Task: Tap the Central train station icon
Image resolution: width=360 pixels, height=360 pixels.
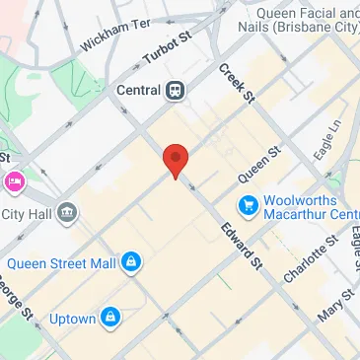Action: [x=176, y=90]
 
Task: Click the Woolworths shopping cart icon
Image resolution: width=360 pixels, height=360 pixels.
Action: [x=247, y=206]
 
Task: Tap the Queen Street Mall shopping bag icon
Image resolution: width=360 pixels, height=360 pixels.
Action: [x=130, y=262]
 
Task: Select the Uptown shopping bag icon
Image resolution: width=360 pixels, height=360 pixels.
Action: [x=112, y=318]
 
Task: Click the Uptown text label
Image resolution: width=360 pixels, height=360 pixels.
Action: [x=72, y=319]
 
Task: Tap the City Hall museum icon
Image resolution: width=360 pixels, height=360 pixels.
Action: [x=67, y=211]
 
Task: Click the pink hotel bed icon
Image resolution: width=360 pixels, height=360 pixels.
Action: [x=14, y=181]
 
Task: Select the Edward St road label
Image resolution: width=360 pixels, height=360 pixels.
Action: [x=242, y=246]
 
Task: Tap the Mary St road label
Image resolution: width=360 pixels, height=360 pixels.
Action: [x=336, y=308]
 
